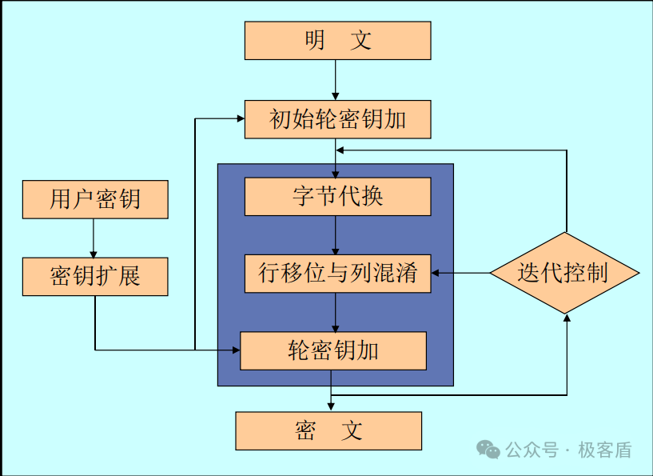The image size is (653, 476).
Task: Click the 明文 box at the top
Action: tap(337, 41)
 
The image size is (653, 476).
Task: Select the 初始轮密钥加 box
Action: tap(337, 119)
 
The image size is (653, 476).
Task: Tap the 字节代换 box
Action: tap(337, 196)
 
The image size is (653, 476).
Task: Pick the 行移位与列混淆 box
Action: tap(337, 273)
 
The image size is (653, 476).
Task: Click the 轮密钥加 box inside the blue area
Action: tap(333, 350)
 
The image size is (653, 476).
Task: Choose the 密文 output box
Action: tap(328, 430)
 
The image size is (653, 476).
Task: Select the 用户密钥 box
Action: tap(95, 199)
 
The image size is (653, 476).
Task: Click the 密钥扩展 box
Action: tap(95, 276)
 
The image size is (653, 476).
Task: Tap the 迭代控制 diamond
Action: tap(565, 273)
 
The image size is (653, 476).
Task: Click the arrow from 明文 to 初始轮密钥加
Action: tap(336, 80)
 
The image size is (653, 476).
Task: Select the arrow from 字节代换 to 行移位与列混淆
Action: tap(336, 235)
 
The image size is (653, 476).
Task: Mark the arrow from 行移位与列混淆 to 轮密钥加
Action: tap(336, 313)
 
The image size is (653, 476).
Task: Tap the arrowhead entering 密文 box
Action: tap(331, 407)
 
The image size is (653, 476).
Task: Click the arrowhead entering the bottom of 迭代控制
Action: tap(567, 318)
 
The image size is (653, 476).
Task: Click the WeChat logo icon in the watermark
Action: tap(488, 450)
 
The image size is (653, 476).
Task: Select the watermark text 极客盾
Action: tap(605, 450)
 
